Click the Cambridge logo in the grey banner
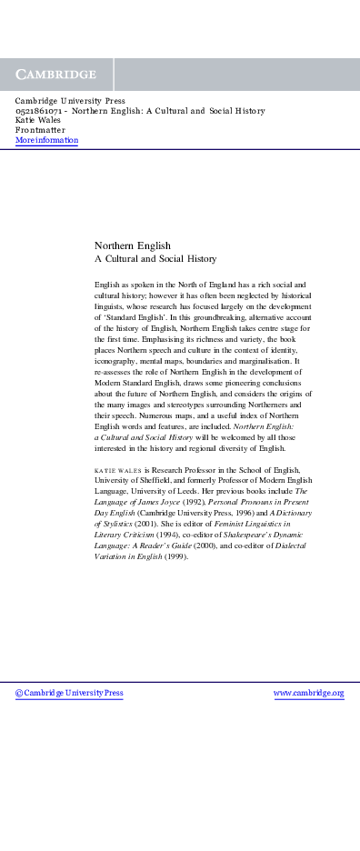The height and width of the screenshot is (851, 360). (56, 75)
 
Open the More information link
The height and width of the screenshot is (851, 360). (46, 140)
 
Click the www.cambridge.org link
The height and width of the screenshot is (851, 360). (309, 693)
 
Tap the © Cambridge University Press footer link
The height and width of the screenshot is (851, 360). (69, 693)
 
